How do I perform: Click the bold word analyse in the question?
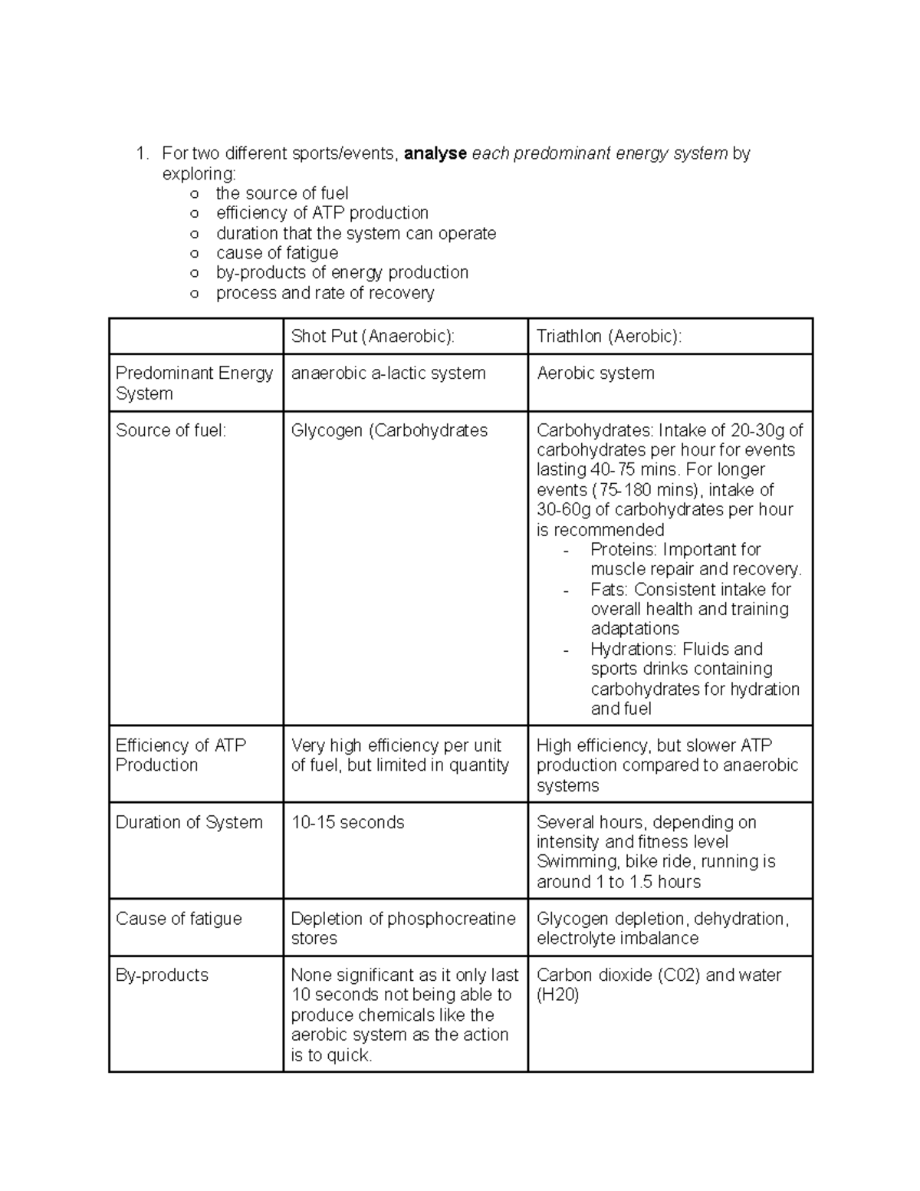pos(435,153)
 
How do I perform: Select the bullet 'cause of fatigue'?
pos(277,253)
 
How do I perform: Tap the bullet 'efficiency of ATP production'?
pos(322,213)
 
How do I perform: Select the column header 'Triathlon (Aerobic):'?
pos(609,337)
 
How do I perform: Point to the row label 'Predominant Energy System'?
pos(194,383)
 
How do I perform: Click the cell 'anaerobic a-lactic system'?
pos(388,373)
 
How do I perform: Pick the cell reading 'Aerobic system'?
pos(595,373)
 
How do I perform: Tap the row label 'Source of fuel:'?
pos(171,431)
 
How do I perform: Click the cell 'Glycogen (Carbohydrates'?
pos(389,431)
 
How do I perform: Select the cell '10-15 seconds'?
pos(347,823)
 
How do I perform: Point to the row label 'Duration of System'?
pos(189,823)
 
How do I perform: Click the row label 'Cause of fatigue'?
pos(179,919)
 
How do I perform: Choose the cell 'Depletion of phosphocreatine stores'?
pos(402,928)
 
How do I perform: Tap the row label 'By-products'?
pos(162,976)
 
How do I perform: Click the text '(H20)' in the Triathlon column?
pos(557,995)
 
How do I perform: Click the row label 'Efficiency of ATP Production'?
pos(180,755)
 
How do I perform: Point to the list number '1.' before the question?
pos(142,154)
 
